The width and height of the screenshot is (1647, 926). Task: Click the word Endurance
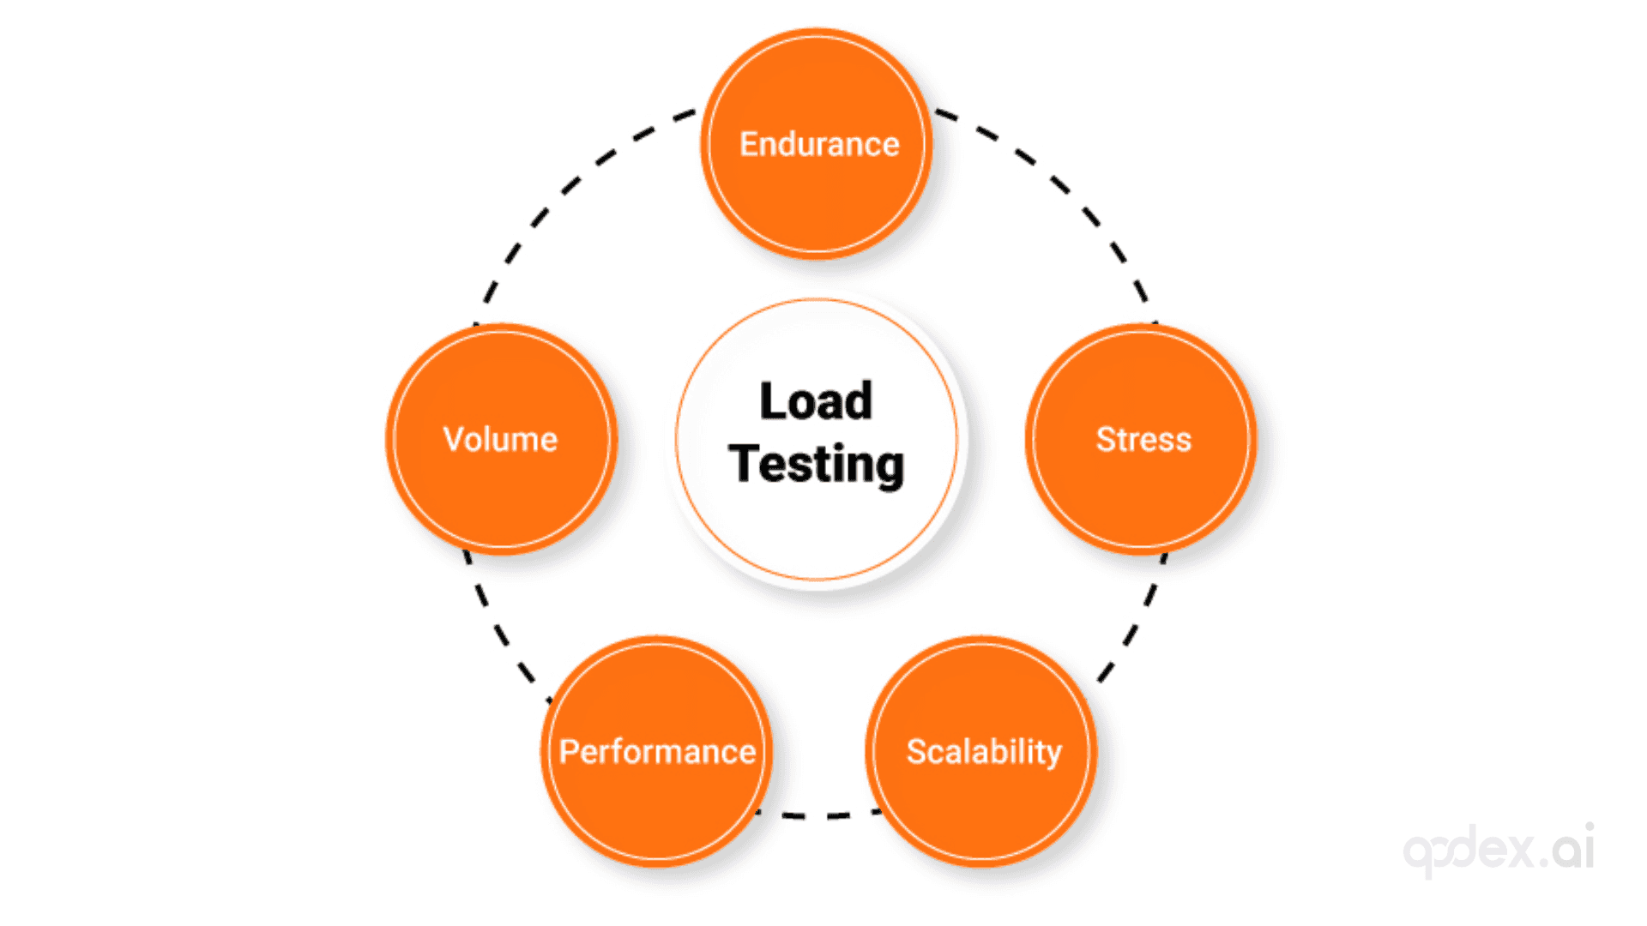[819, 144]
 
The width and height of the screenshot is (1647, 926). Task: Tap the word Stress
[1143, 439]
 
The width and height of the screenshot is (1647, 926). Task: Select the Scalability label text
[984, 751]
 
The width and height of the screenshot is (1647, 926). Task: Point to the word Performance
[657, 751]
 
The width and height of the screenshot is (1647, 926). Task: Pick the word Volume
[500, 439]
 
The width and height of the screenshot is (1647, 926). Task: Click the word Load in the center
[816, 401]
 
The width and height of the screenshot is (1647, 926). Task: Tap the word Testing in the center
[816, 464]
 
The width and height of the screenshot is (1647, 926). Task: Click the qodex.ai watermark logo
[1499, 849]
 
